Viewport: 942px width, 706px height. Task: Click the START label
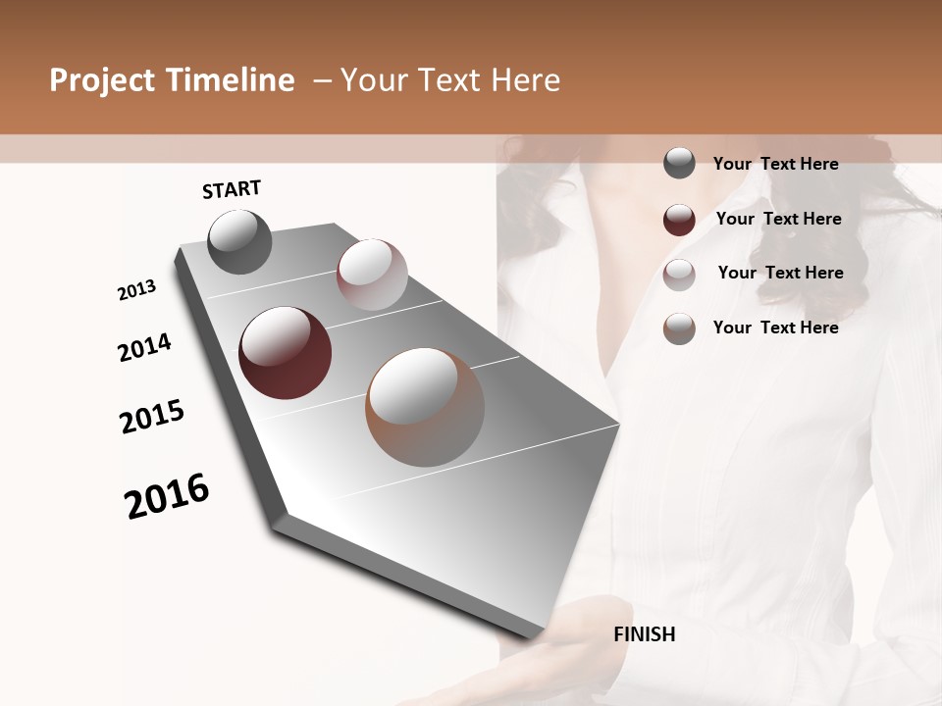pyautogui.click(x=232, y=189)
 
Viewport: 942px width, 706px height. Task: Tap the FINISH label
pyautogui.click(x=644, y=634)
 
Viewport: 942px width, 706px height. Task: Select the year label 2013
pyautogui.click(x=137, y=290)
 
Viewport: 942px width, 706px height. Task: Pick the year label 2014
pyautogui.click(x=145, y=347)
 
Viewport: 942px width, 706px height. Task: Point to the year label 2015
pyautogui.click(x=152, y=417)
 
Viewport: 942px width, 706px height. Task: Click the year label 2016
pyautogui.click(x=167, y=496)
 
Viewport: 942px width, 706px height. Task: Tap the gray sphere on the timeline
pyautogui.click(x=240, y=241)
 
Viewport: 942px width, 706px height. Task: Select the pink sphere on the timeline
pyautogui.click(x=372, y=275)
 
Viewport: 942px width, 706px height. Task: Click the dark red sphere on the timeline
pyautogui.click(x=286, y=353)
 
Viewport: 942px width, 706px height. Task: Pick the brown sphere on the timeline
pyautogui.click(x=425, y=407)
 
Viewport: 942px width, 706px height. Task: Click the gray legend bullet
pyautogui.click(x=679, y=164)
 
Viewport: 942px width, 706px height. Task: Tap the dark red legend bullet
pyautogui.click(x=679, y=220)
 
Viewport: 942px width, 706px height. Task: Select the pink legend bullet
pyautogui.click(x=679, y=275)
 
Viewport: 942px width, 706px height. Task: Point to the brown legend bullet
pyautogui.click(x=679, y=328)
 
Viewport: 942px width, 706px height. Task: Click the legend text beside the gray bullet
pyautogui.click(x=775, y=164)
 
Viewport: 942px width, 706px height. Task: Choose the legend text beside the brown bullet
pyautogui.click(x=775, y=328)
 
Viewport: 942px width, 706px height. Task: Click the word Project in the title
pyautogui.click(x=103, y=80)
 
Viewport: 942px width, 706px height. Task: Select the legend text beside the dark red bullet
pyautogui.click(x=778, y=219)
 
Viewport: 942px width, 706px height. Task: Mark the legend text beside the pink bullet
pyautogui.click(x=780, y=273)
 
